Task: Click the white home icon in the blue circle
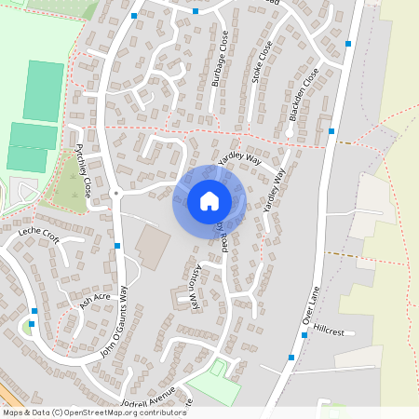click(209, 200)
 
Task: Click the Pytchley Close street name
click(83, 168)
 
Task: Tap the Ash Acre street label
click(94, 297)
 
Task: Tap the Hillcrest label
click(330, 331)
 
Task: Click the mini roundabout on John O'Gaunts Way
click(115, 193)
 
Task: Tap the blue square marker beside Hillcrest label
click(304, 335)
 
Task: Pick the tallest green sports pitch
click(43, 90)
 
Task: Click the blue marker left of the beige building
click(117, 246)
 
